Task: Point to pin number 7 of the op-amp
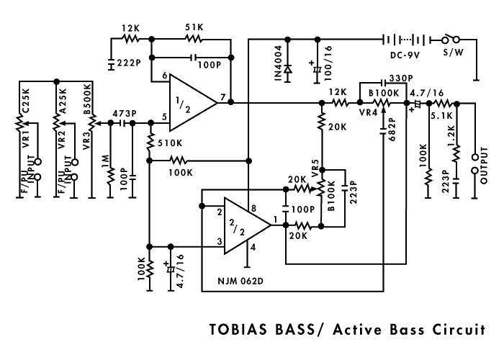[x=223, y=96]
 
